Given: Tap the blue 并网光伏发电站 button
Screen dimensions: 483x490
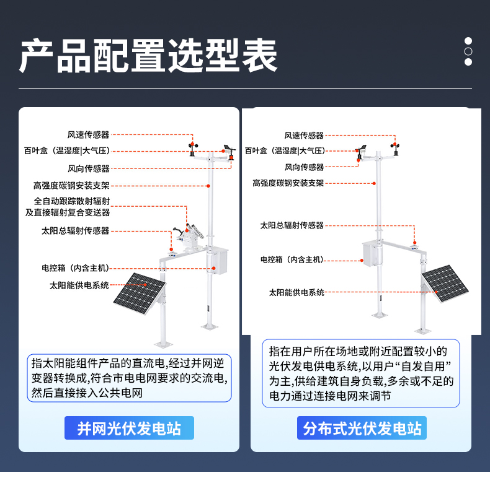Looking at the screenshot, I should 129,428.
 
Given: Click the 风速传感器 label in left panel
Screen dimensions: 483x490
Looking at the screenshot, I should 88,134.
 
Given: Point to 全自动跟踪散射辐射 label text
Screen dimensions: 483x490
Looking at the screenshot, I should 72,201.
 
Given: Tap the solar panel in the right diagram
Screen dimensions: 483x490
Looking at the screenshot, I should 445,284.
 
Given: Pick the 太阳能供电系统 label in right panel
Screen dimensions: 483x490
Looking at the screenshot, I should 296,292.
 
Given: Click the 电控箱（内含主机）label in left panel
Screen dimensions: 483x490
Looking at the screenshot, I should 75,268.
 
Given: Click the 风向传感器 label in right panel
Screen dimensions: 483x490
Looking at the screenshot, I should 304,167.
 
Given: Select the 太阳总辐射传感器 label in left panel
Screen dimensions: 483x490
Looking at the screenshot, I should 75,231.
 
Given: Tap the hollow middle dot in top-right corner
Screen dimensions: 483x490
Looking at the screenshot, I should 468,51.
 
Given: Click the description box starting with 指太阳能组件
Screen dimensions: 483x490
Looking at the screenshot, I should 130,378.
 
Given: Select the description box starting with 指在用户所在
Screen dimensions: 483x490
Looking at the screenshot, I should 361,373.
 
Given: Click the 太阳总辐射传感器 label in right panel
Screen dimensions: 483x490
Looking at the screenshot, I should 292,225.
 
